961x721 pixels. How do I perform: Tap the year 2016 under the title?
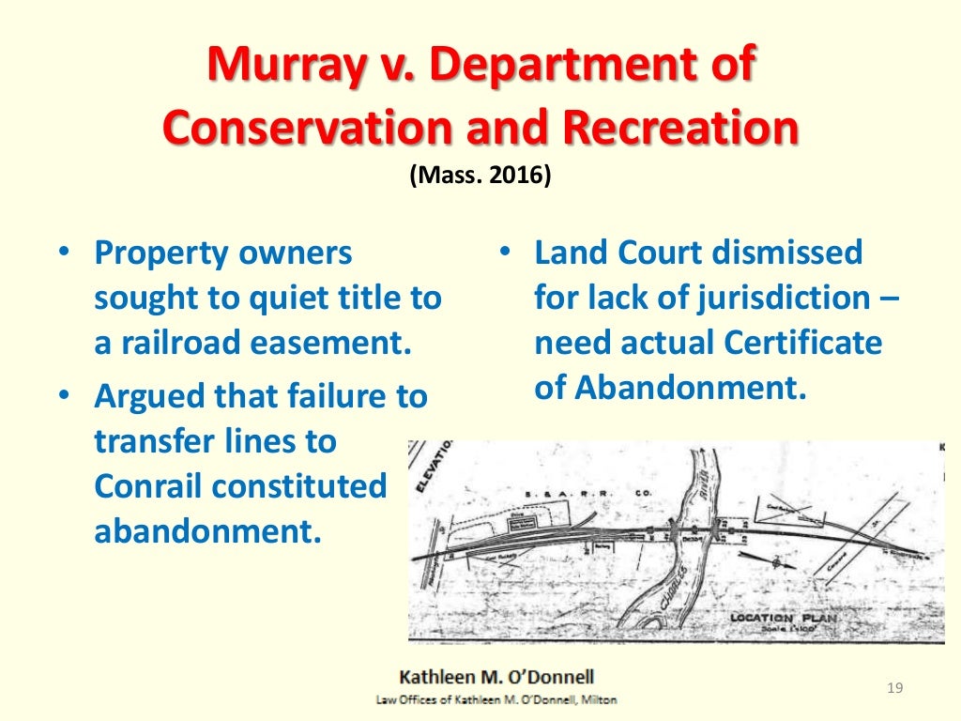point(513,176)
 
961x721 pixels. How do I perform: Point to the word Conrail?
point(147,486)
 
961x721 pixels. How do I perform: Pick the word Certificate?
point(802,343)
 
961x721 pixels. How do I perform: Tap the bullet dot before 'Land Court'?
point(504,253)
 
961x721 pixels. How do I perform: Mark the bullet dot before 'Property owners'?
point(63,253)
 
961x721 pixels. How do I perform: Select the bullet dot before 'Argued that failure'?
point(63,396)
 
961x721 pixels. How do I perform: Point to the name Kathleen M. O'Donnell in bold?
point(497,676)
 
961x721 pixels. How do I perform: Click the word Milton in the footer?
point(598,699)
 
